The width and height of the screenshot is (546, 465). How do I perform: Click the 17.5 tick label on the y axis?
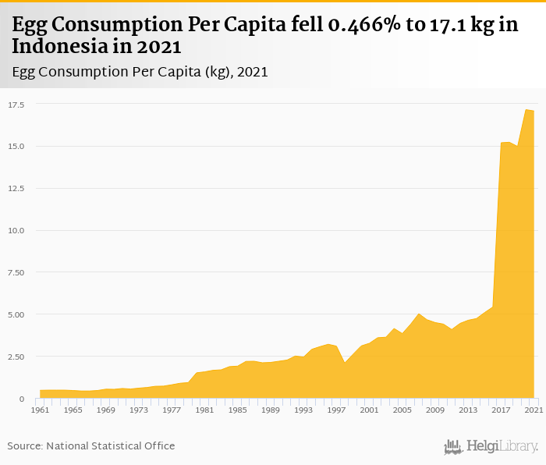pos(16,105)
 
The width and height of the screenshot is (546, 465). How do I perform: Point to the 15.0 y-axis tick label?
pos(16,147)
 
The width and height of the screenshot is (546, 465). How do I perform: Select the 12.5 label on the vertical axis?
pos(16,189)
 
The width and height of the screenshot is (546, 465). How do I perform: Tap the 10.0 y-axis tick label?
pos(16,231)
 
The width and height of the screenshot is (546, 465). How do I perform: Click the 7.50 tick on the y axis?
pos(16,273)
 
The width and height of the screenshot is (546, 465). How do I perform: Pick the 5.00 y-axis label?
pos(16,315)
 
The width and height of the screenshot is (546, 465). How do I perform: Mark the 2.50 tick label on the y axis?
pos(16,357)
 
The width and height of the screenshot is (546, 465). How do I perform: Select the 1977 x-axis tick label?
pos(172,410)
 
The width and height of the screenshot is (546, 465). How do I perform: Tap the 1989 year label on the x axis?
pos(270,410)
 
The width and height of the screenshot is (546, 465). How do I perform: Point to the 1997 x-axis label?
pos(336,410)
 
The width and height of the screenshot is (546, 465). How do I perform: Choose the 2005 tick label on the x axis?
pos(402,410)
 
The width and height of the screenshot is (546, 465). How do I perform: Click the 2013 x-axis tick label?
pos(468,410)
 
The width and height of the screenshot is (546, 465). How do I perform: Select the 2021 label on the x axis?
pos(534,410)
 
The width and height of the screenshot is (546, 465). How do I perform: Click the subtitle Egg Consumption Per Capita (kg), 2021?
pos(140,72)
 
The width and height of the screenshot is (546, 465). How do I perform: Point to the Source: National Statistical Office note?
pos(91,445)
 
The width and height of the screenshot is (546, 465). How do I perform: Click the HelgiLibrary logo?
pos(491,446)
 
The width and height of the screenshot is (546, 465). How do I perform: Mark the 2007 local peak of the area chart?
pos(419,314)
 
